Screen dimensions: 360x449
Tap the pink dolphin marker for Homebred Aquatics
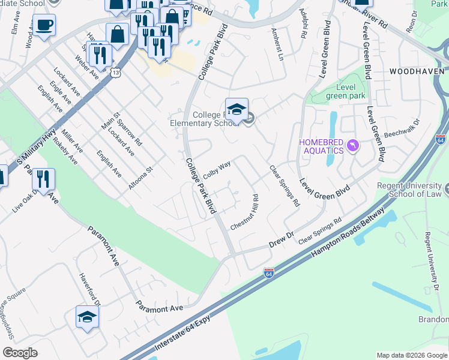pos(354,145)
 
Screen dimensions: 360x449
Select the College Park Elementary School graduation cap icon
pos(237,109)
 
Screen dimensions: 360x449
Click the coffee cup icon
pos(44,25)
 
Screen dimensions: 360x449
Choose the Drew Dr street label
pos(281,239)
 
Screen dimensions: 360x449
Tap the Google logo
pos(20,353)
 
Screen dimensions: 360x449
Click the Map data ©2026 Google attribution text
pos(411,355)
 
